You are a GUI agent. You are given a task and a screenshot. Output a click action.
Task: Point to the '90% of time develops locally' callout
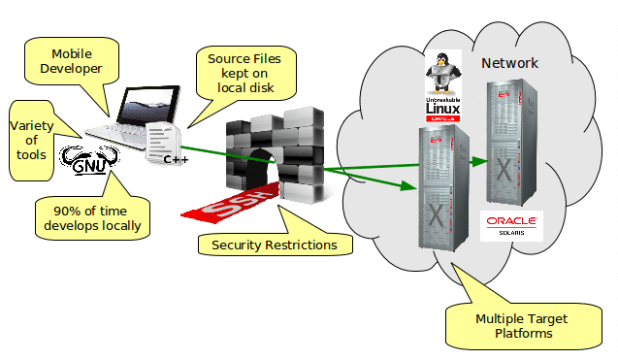tap(92, 218)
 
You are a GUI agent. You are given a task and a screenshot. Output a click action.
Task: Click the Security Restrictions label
tap(275, 245)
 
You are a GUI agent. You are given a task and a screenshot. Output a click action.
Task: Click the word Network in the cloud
tap(509, 64)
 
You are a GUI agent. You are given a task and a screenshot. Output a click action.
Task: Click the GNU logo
tap(88, 161)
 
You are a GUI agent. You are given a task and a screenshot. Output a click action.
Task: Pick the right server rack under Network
tap(513, 140)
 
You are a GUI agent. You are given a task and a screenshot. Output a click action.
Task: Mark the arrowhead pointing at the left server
tap(412, 188)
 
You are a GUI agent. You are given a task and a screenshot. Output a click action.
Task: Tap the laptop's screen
tap(146, 101)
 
